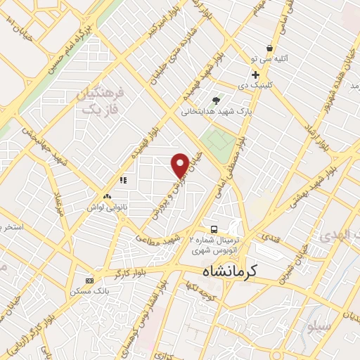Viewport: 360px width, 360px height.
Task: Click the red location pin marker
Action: (x=180, y=165)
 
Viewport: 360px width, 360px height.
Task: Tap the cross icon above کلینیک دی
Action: (x=255, y=75)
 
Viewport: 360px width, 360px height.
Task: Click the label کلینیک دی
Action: (x=255, y=84)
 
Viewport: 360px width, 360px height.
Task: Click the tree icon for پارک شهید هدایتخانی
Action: (x=215, y=101)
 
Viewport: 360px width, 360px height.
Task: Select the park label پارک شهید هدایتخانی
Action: (x=215, y=111)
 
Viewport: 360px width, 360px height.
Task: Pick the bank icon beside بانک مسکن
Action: (x=89, y=280)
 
